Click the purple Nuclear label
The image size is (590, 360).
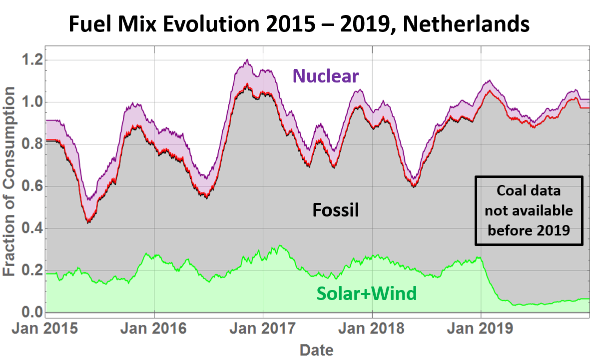(325, 76)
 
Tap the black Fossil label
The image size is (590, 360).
(336, 210)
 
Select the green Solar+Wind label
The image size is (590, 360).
(366, 293)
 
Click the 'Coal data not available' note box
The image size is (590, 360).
(529, 211)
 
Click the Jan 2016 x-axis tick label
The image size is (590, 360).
(154, 329)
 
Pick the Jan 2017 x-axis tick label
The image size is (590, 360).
(263, 329)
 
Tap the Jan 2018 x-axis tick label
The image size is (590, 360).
(372, 329)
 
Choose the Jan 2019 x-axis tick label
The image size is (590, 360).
(481, 329)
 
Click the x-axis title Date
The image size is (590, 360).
(317, 349)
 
